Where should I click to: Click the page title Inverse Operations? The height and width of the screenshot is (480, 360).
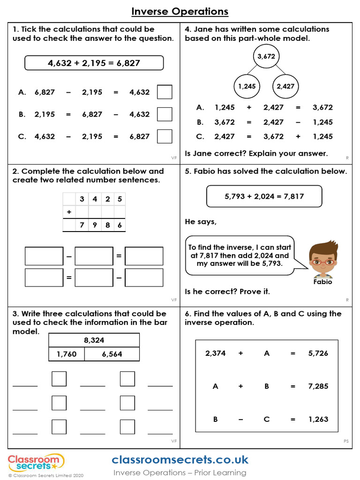point(180,11)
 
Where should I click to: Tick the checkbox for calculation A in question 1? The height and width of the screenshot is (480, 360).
point(165,92)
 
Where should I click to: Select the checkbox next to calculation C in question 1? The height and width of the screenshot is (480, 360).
point(165,136)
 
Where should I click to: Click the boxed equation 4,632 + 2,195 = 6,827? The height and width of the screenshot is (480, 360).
point(94,63)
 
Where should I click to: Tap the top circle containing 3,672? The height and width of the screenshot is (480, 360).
point(266,57)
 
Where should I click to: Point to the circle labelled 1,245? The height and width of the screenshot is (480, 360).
point(247,86)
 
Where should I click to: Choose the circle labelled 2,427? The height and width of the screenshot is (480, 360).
point(285,86)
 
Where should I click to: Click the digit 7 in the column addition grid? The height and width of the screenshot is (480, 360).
point(82,225)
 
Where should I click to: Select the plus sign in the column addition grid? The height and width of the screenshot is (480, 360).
point(69,212)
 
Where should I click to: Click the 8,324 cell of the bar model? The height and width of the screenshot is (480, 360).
point(94,340)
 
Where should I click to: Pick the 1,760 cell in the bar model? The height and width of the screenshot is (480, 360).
point(67,354)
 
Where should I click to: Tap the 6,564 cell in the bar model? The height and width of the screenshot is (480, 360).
point(112,354)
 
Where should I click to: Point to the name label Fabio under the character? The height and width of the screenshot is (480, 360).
point(322,282)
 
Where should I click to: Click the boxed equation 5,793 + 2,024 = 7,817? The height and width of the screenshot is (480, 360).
point(264,196)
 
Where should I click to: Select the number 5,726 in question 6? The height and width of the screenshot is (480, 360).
point(318,353)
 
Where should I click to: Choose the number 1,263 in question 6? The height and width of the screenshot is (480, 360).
point(318,420)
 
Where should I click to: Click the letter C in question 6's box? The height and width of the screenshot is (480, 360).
point(267,420)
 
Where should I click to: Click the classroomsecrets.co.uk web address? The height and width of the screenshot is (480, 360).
point(180,459)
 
